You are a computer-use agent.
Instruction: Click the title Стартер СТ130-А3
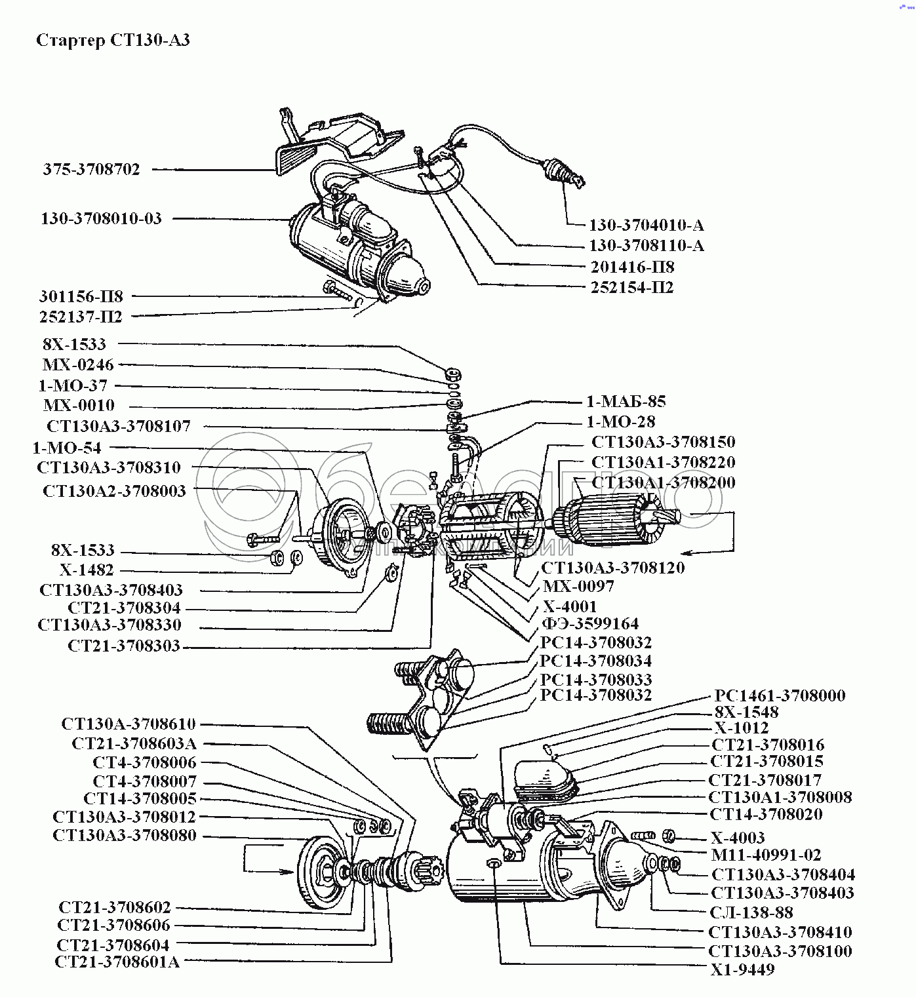pos(113,41)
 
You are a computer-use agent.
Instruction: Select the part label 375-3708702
pos(92,170)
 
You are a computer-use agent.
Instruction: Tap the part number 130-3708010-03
pos(101,219)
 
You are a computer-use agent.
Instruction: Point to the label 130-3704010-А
pos(646,225)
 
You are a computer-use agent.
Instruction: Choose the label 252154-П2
pos(631,288)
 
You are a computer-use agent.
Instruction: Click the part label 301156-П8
pos(81,297)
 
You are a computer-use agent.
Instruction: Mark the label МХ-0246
pos(78,365)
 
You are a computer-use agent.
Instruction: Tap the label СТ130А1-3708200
pos(663,482)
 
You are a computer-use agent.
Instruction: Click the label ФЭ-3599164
pos(591,624)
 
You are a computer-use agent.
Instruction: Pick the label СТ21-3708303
pos(124,646)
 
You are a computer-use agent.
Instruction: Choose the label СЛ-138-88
pos(751,912)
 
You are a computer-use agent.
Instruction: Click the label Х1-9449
pos(742,969)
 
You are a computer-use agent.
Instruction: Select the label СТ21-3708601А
pos(117,962)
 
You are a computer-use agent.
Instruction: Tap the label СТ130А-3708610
pos(129,724)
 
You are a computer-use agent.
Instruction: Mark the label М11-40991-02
pos(766,855)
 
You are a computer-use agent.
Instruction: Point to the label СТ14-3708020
pos(766,815)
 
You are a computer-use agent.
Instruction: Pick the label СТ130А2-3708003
pos(114,491)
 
